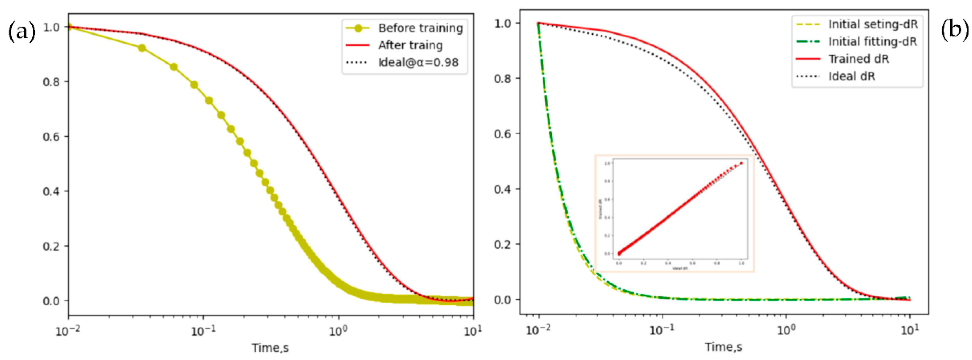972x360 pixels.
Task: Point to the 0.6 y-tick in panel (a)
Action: [51, 137]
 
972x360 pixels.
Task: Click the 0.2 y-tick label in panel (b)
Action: [502, 245]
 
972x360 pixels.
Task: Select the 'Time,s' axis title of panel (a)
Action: [270, 348]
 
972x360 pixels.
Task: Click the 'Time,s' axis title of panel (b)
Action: [723, 347]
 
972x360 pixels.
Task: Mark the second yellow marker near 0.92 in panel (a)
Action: [142, 48]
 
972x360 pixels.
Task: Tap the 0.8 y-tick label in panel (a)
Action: [51, 82]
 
